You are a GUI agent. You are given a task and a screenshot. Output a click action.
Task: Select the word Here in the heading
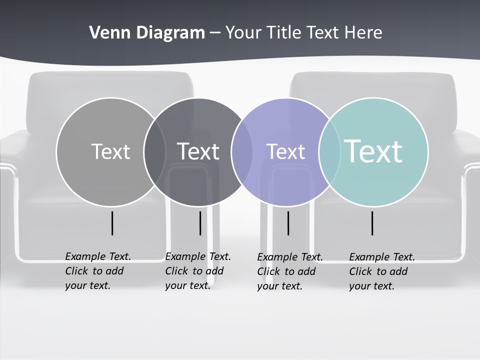(x=363, y=33)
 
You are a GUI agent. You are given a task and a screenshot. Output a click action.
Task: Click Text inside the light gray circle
(x=110, y=151)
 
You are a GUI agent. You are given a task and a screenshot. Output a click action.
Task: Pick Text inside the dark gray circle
(x=198, y=151)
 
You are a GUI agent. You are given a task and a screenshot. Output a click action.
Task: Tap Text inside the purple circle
(x=285, y=151)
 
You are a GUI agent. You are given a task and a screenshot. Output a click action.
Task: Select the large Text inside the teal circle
(x=373, y=151)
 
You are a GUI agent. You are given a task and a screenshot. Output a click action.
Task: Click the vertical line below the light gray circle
(x=112, y=223)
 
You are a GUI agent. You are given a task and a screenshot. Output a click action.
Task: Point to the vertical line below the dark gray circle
(x=200, y=223)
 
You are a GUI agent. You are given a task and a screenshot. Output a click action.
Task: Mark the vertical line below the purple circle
(x=288, y=223)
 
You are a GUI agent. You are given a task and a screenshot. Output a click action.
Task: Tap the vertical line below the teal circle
(x=372, y=223)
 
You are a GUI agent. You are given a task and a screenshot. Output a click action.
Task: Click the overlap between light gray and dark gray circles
(x=154, y=151)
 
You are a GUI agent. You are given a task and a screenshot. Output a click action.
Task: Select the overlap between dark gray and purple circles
(x=242, y=151)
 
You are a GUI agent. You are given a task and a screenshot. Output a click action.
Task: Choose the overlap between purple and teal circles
(x=329, y=151)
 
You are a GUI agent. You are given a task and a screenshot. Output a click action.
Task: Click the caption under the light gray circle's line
(x=97, y=271)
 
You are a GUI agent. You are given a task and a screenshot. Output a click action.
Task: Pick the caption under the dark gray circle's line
(x=197, y=271)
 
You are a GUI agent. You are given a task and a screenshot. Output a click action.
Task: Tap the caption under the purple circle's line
(x=289, y=271)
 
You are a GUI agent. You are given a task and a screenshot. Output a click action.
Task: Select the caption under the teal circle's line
(x=381, y=271)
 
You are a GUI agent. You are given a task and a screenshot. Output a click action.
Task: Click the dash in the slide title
(x=215, y=33)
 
